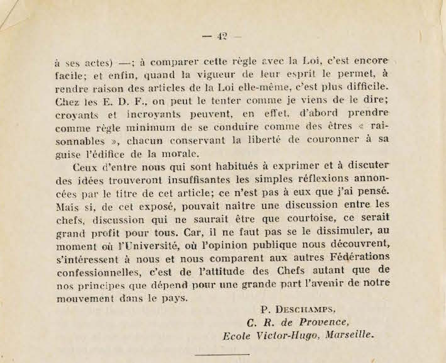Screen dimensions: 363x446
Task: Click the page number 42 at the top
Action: [221, 36]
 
